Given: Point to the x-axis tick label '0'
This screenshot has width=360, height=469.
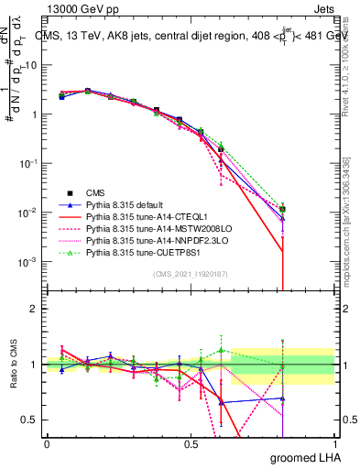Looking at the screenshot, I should coord(47,443).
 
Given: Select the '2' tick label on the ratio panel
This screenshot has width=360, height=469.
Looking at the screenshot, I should coord(35,309).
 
